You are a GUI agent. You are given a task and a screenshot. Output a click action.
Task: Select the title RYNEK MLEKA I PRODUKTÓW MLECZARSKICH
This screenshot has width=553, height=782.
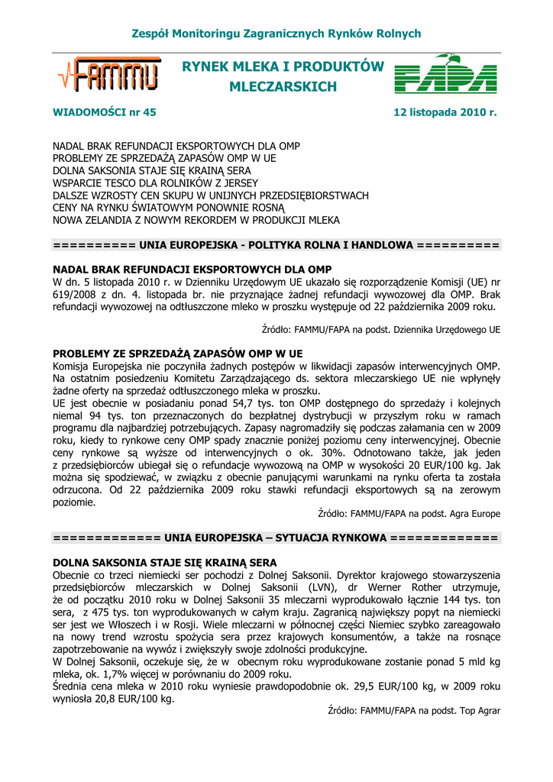coord(283,77)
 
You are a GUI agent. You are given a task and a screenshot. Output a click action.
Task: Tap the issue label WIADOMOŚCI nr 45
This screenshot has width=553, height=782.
coord(104,112)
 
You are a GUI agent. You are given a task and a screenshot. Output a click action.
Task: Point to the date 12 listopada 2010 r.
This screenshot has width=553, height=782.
coord(445,112)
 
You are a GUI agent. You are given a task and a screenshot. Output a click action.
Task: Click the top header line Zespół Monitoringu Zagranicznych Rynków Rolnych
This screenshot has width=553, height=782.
coord(276,34)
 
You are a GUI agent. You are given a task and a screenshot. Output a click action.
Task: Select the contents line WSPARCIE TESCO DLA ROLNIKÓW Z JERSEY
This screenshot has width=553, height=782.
coord(155,183)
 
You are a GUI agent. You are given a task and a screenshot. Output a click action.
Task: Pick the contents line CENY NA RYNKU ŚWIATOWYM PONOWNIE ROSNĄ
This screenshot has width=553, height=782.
coord(168,208)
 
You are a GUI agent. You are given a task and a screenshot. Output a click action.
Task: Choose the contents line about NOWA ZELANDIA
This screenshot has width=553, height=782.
coord(196,220)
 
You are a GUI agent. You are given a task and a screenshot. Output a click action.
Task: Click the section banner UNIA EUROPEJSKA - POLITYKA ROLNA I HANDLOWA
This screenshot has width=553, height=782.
coord(276,245)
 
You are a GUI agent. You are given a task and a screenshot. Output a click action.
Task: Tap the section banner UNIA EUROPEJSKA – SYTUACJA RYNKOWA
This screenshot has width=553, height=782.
coord(276,538)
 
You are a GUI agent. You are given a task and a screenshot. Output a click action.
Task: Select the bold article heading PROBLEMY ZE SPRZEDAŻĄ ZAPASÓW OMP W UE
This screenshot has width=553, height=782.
coord(177,354)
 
